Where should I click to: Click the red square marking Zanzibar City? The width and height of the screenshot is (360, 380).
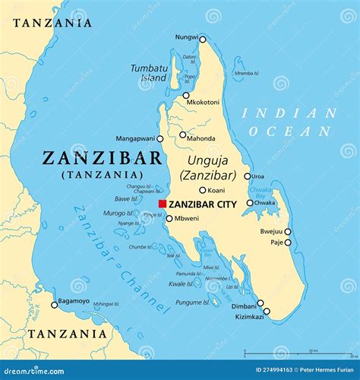tap(162, 204)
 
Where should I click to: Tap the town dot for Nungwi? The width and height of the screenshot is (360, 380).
tap(202, 40)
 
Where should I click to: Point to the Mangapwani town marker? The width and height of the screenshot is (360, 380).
tap(159, 139)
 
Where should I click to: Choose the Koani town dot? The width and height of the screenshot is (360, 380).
tap(202, 190)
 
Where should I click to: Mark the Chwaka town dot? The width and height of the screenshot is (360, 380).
tap(249, 203)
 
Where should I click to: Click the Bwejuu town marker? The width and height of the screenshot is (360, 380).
tap(287, 232)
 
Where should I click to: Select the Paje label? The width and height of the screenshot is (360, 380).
tap(276, 242)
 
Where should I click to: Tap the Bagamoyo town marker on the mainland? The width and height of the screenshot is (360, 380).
tap(54, 305)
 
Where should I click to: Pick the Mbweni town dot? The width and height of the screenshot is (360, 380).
tap(169, 218)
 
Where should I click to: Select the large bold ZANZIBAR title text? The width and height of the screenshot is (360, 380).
tap(103, 158)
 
